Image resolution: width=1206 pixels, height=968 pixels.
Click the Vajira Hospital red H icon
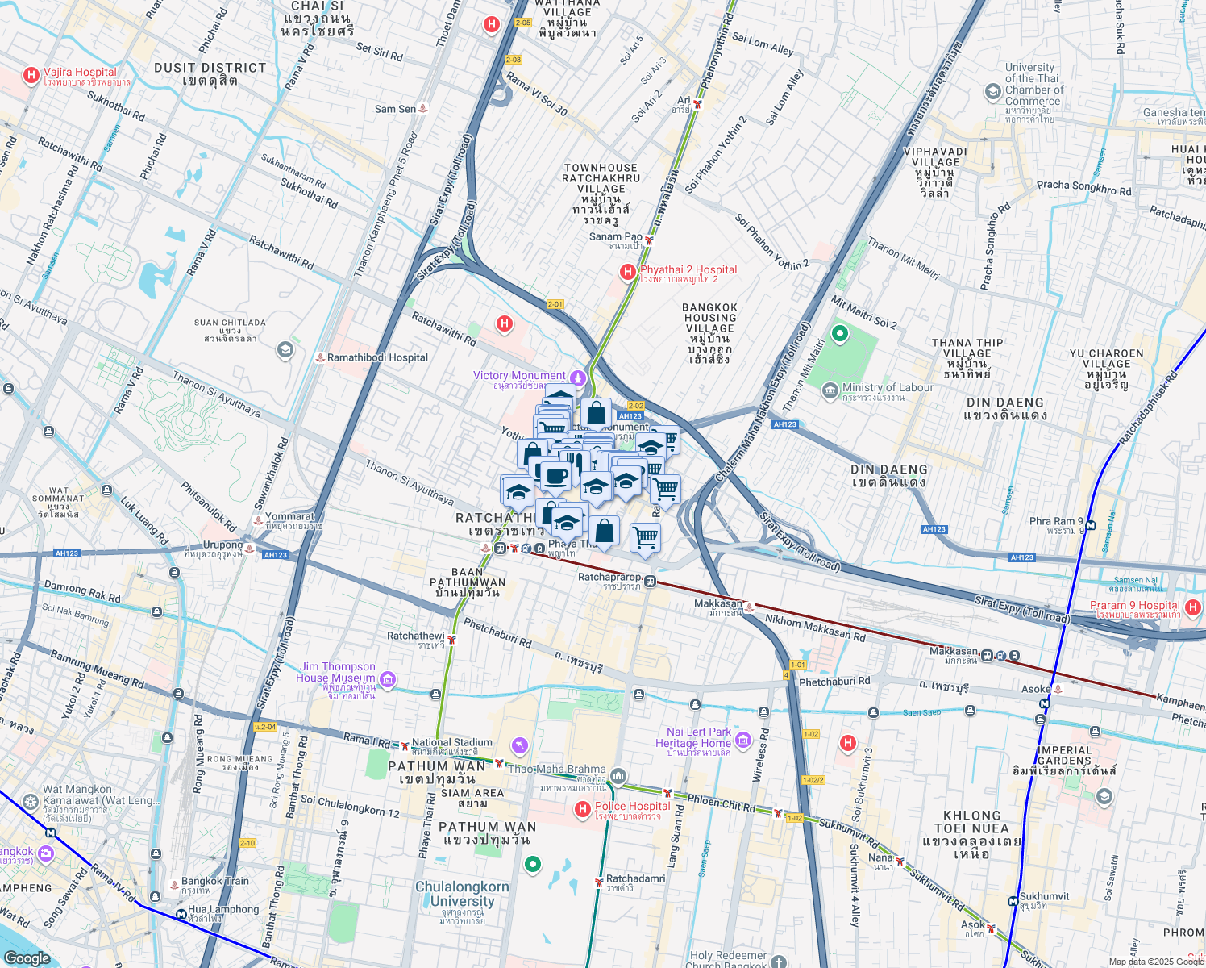[31, 76]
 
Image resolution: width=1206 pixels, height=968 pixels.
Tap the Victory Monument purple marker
[577, 377]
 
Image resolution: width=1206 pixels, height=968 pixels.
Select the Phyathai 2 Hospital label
[688, 270]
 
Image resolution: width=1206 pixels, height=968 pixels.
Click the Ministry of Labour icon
[830, 392]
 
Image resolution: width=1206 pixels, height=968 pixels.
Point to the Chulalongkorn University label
[462, 894]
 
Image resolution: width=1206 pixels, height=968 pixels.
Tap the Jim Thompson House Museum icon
[388, 681]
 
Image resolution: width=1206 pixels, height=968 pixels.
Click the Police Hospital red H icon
[582, 809]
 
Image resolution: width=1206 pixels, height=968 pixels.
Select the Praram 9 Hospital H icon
[1193, 607]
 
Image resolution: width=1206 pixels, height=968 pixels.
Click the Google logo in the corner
[27, 958]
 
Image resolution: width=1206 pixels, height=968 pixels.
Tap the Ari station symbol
[698, 104]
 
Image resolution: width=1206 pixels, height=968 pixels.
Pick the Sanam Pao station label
[615, 237]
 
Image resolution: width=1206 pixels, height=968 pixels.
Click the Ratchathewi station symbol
[452, 640]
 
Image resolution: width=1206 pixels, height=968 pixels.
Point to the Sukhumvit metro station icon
[1013, 901]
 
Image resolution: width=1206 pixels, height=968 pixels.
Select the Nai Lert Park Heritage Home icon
[743, 739]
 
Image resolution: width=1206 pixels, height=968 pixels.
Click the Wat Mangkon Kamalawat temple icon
[31, 802]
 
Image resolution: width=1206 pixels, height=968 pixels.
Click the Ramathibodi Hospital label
[377, 357]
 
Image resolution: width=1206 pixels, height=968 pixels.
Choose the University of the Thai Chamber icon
[993, 92]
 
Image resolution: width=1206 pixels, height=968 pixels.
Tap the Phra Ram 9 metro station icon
[1090, 525]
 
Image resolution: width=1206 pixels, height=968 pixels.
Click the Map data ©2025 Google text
[1156, 961]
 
